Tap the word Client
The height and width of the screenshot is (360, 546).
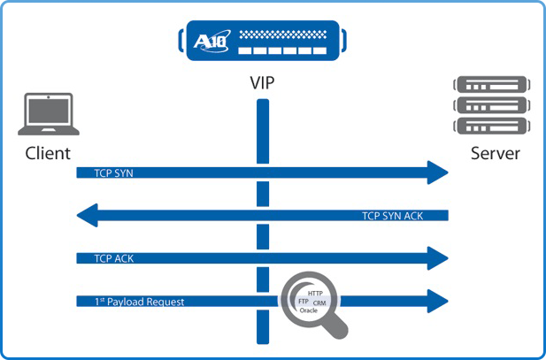(x=48, y=154)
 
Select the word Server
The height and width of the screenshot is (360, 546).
(x=496, y=154)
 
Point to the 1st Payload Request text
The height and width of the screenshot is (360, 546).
(x=139, y=302)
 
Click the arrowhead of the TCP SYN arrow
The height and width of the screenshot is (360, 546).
(x=439, y=173)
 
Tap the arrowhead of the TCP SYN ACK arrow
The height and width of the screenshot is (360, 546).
(x=88, y=216)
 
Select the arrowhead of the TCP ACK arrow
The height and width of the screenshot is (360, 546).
(x=439, y=258)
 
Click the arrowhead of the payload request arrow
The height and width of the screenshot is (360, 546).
(x=439, y=301)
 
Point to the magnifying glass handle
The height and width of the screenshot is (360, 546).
(x=335, y=328)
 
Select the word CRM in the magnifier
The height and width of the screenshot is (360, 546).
(x=320, y=303)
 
